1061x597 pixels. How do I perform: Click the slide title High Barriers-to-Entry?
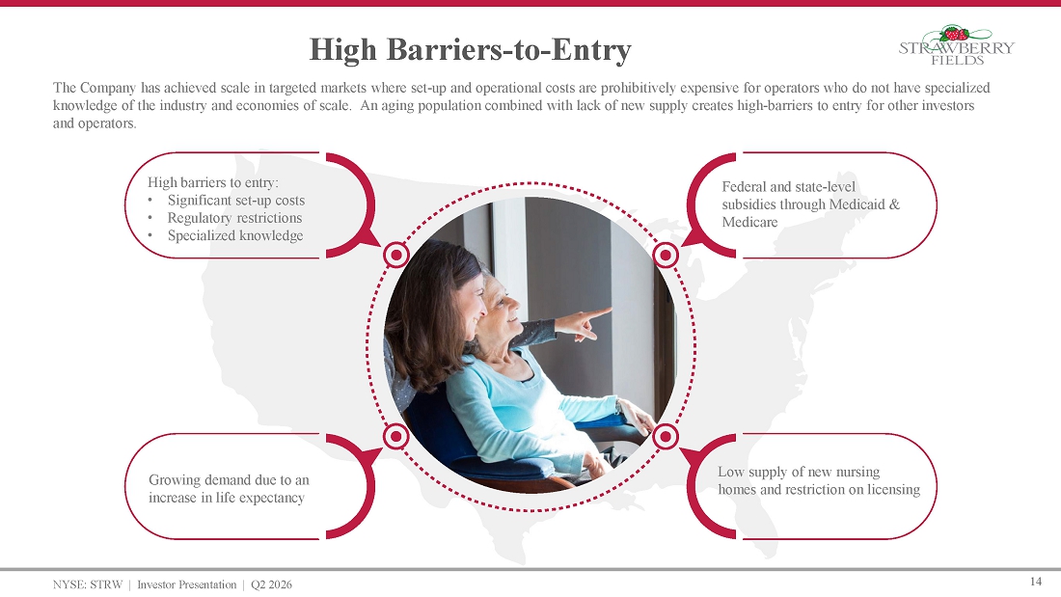pos(471,50)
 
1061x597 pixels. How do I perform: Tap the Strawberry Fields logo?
pos(957,45)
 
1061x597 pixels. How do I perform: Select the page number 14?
pos(1035,582)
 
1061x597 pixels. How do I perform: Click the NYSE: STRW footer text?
pos(88,584)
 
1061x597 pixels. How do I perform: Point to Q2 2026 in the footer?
pos(271,584)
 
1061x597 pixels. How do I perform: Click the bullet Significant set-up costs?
pos(236,201)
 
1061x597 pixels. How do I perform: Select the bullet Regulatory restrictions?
pos(234,218)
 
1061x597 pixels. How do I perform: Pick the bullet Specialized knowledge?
pos(235,235)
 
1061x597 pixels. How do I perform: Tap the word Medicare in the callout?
pos(749,222)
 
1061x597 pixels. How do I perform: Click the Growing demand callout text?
pos(229,489)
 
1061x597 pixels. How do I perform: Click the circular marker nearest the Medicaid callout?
pos(666,256)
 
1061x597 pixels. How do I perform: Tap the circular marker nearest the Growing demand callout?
pos(395,437)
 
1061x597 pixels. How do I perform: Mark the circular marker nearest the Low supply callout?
pos(666,437)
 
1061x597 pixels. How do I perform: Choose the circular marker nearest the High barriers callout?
pos(395,256)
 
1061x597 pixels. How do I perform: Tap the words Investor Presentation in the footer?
pos(187,584)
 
